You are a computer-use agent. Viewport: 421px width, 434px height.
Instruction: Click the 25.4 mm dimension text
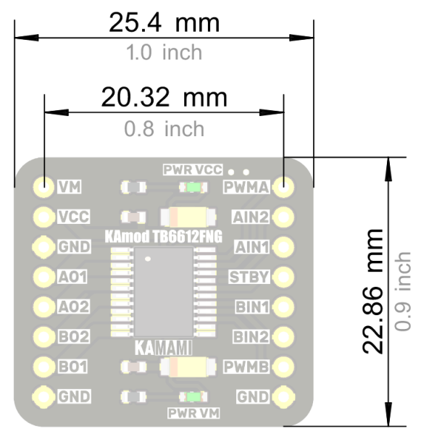[164, 23]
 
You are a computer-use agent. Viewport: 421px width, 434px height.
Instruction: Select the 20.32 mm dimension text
[164, 97]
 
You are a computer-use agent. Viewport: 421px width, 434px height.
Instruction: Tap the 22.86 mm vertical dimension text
[372, 291]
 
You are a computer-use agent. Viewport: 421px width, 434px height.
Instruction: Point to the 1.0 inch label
[164, 52]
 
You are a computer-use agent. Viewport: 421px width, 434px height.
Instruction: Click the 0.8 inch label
[164, 129]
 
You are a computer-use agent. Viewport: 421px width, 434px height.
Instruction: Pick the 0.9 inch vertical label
[402, 291]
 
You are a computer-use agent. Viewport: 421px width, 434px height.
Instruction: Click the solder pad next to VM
[43, 186]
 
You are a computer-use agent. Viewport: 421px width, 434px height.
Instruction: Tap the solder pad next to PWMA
[283, 186]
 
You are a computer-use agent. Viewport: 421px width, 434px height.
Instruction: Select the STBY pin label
[249, 277]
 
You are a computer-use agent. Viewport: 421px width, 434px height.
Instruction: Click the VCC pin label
[74, 217]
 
